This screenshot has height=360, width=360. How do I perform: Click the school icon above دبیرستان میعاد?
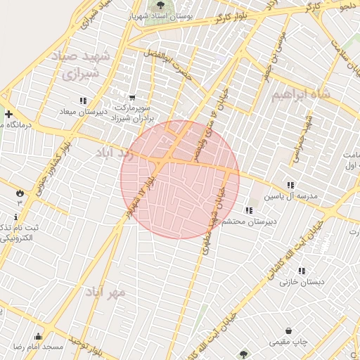(x=83, y=101)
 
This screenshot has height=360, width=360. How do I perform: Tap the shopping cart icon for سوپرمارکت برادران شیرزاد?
(x=131, y=98)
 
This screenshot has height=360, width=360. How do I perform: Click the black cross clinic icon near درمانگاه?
(x=8, y=114)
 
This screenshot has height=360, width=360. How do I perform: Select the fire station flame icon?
(x=19, y=191)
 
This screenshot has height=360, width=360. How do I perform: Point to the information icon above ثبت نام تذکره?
(x=17, y=217)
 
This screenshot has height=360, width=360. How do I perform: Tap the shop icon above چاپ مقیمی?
(x=288, y=330)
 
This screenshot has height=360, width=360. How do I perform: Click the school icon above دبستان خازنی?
(x=302, y=271)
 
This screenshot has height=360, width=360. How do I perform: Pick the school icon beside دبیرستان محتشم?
(x=248, y=210)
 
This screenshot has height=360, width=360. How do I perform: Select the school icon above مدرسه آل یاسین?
(x=291, y=185)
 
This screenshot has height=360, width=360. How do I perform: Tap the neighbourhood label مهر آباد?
(x=106, y=291)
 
